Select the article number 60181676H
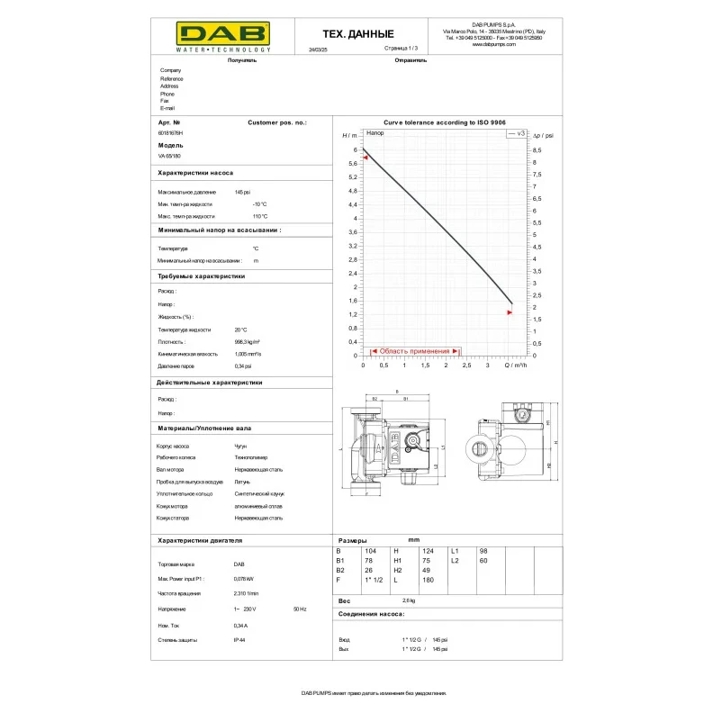[170, 132]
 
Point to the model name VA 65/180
[168, 156]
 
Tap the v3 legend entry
[517, 133]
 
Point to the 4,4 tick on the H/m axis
[355, 204]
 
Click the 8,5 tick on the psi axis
[537, 149]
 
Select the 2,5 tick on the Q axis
[466, 366]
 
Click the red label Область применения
[414, 351]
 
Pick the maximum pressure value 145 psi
[242, 193]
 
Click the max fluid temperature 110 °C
[260, 216]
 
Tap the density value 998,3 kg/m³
[248, 342]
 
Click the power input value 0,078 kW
[244, 579]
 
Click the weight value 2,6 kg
[409, 600]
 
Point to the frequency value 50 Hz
[300, 609]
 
